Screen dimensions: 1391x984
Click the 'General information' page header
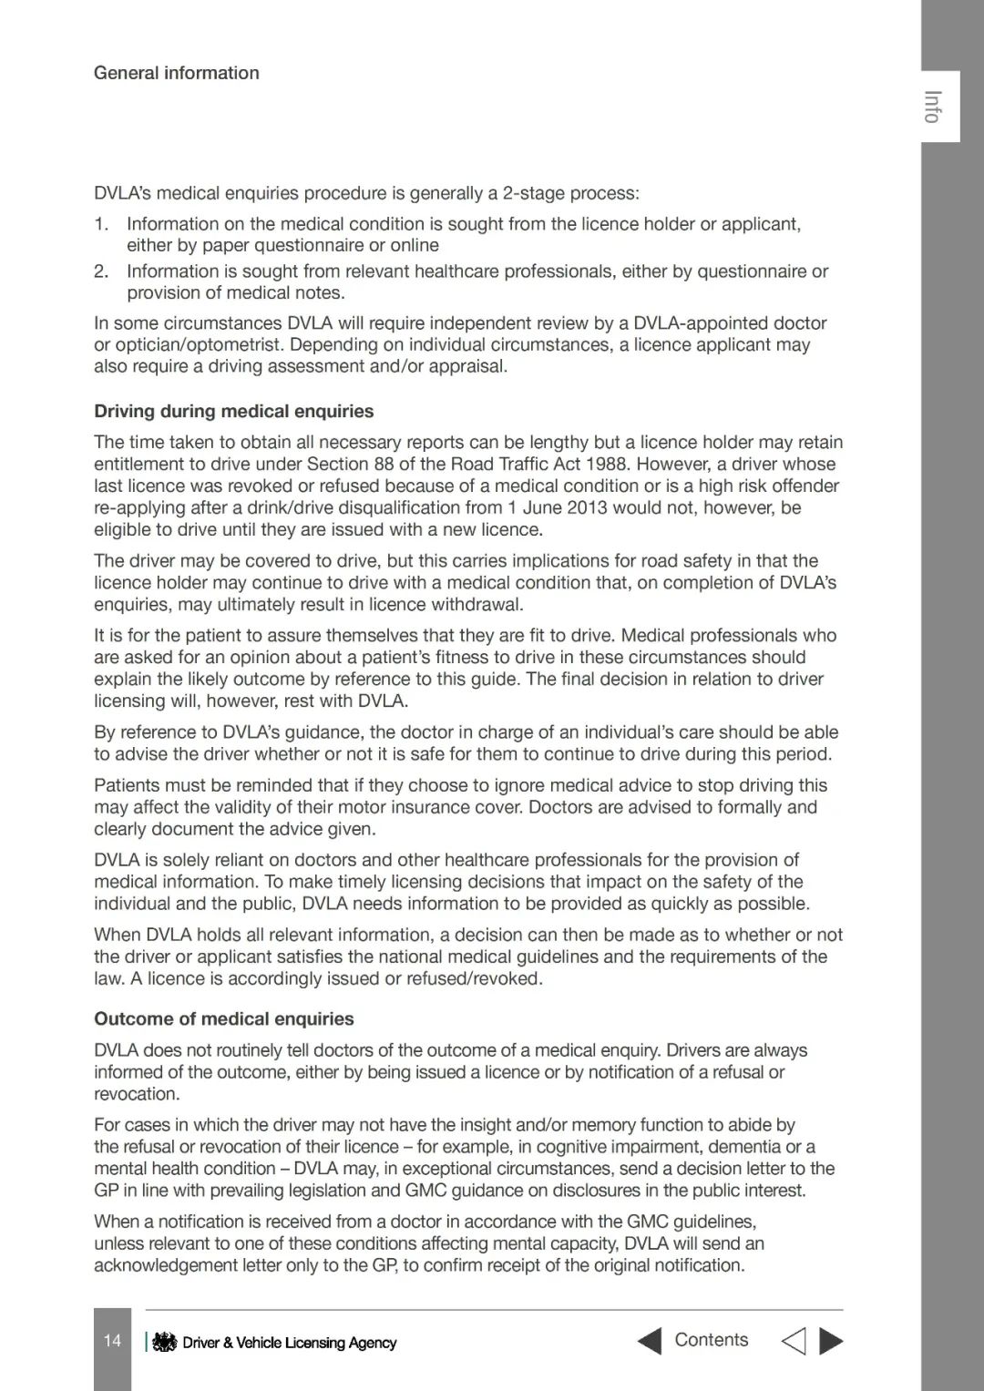tap(176, 73)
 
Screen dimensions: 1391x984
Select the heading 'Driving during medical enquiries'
tap(233, 411)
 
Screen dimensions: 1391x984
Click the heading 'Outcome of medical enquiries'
tap(224, 1018)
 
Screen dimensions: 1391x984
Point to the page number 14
tap(112, 1340)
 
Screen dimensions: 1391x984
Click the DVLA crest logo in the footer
tap(164, 1342)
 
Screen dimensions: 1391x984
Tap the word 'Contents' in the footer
tap(711, 1339)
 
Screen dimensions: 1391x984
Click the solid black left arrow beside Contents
tap(649, 1341)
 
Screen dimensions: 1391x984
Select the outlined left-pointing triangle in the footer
tap(794, 1341)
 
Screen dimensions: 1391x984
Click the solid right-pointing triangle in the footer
tap(831, 1341)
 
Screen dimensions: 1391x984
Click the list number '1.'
tap(101, 224)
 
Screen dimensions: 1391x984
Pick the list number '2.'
tap(101, 271)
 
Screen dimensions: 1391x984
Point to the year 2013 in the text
tap(584, 507)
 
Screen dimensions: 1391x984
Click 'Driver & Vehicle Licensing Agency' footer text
tap(289, 1343)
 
